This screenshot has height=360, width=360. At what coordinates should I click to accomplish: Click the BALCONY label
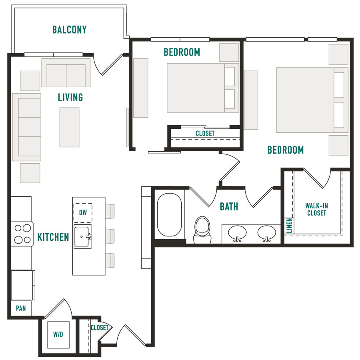coord(69,30)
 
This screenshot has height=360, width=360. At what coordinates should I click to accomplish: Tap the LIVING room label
coord(70,97)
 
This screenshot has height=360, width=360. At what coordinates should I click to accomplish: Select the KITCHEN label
coord(53,237)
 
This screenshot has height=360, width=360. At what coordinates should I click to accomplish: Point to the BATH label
coord(229,207)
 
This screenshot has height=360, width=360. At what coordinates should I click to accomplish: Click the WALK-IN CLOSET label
coord(317,209)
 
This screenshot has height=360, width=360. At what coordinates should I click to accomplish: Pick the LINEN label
coord(289,226)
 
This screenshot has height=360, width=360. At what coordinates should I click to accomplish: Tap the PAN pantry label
coord(21,308)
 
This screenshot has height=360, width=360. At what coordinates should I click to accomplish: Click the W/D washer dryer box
coord(58,335)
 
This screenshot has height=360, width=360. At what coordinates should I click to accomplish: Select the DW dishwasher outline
coord(83,213)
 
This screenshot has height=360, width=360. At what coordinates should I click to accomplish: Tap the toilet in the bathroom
coord(202,230)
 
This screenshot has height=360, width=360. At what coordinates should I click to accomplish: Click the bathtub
coord(170,215)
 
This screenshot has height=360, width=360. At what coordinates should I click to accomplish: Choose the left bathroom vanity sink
coord(237,234)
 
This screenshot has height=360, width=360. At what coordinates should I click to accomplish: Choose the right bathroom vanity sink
coord(266,234)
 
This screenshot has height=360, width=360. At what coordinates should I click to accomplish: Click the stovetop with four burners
coord(22,234)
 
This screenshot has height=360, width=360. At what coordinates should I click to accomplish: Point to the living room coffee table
coord(69,127)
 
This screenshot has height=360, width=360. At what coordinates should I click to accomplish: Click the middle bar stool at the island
coord(110,236)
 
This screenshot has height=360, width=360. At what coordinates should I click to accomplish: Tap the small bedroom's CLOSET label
coord(205,133)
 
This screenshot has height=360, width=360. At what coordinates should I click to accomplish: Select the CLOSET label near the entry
coord(100,327)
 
